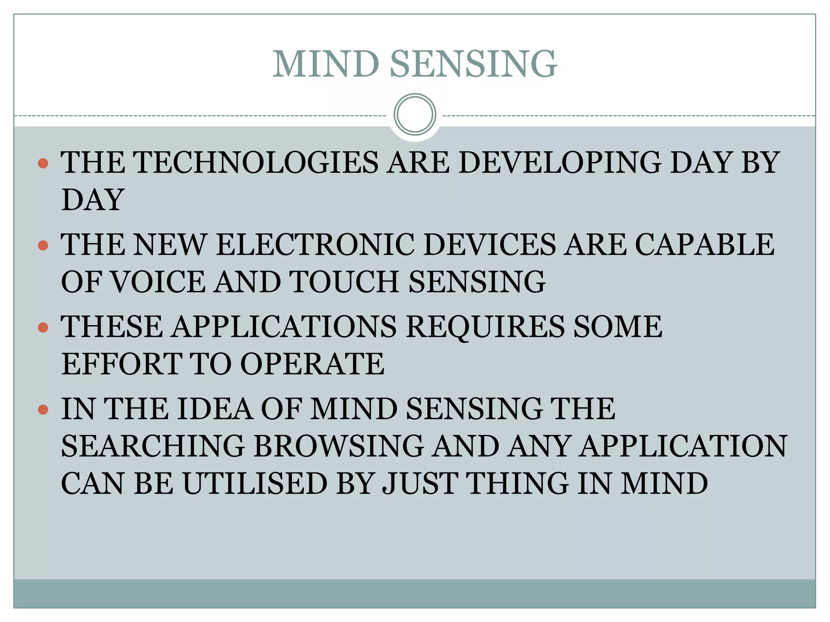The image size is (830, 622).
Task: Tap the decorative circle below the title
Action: (415, 115)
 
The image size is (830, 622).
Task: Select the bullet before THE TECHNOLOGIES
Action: (43, 163)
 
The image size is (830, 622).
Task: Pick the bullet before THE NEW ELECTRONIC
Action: (43, 245)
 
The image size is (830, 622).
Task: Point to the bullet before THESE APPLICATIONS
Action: (43, 327)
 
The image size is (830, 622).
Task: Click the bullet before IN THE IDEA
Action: (43, 410)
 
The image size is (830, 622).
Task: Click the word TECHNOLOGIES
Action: (256, 162)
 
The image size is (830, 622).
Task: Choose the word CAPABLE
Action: (704, 245)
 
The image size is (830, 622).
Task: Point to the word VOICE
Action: (158, 282)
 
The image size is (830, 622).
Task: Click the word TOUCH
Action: (344, 282)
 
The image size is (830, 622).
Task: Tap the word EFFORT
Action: (121, 364)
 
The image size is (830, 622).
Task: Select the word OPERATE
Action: (312, 364)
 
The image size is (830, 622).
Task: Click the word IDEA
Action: (214, 409)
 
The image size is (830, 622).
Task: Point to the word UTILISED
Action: (255, 484)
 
